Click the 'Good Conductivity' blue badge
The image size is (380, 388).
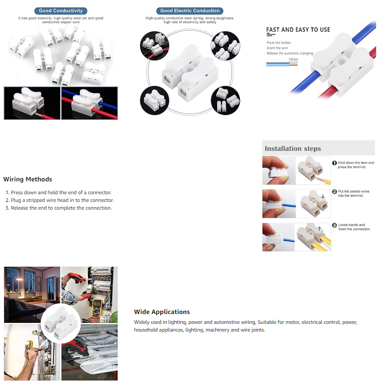click(x=61, y=11)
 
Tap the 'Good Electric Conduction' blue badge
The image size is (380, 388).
click(x=190, y=11)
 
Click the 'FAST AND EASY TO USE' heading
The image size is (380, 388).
click(x=298, y=30)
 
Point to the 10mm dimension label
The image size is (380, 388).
click(x=293, y=59)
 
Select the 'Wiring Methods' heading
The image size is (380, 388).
click(x=28, y=179)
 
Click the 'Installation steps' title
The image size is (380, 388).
click(x=293, y=148)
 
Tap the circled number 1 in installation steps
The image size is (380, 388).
click(x=334, y=163)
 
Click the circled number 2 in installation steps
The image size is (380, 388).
click(x=334, y=192)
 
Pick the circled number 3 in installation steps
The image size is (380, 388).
click(x=334, y=225)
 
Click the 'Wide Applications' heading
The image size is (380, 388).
click(x=162, y=312)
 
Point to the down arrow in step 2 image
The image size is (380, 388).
click(x=323, y=196)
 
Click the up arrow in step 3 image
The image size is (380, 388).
click(x=319, y=229)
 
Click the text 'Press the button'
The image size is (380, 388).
click(x=279, y=42)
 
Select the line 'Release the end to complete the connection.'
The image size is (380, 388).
click(x=61, y=208)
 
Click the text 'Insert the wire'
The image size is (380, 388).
click(x=277, y=48)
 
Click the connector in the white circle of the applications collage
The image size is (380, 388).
click(x=61, y=323)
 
